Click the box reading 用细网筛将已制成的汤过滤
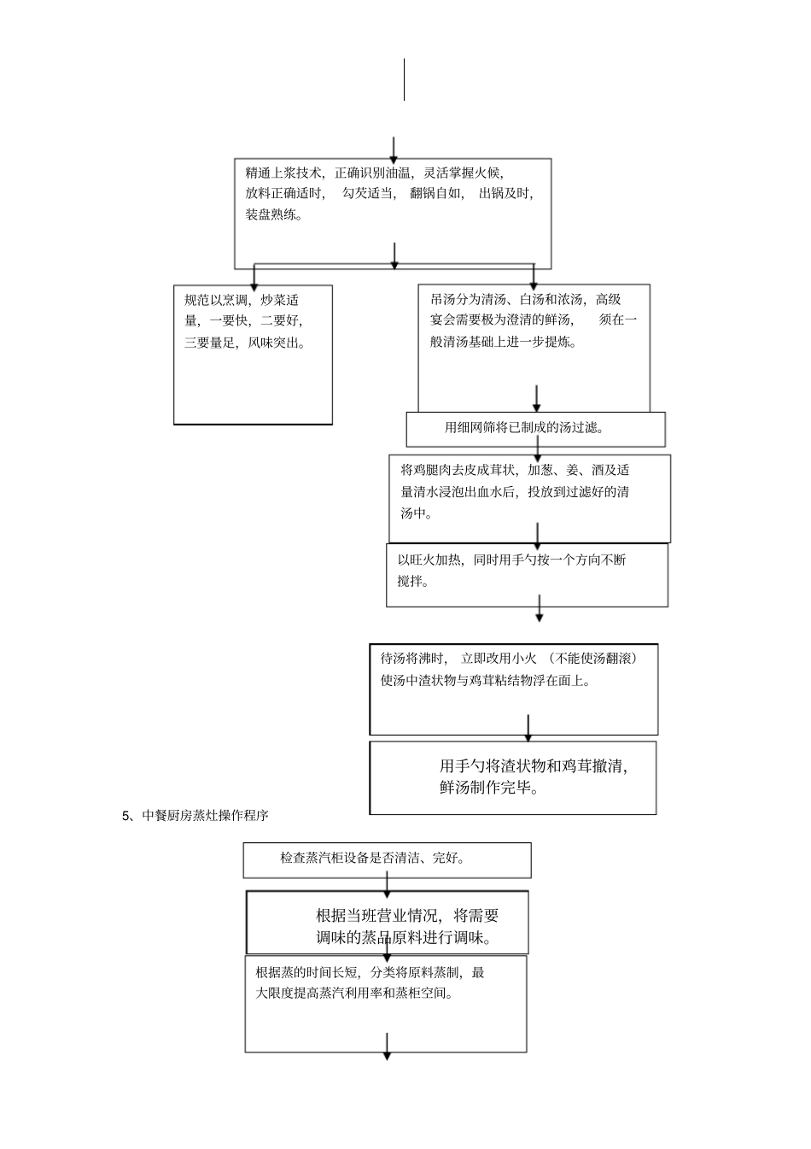(535, 429)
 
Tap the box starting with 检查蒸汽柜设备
(387, 859)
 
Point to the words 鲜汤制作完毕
(489, 788)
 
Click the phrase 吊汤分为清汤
(470, 299)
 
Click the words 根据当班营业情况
(378, 916)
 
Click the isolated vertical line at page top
(404, 79)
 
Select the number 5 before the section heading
(125, 816)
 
